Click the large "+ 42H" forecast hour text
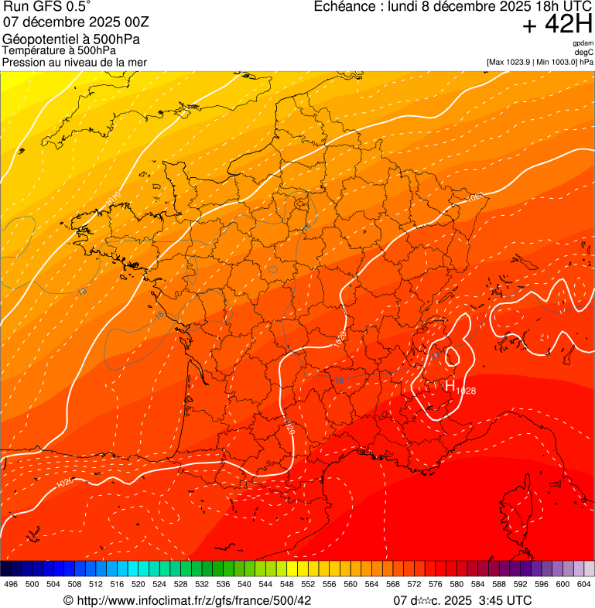coord(557,26)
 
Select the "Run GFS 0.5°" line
coord(47,8)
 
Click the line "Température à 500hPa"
coord(65,51)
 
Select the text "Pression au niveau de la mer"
coord(74,62)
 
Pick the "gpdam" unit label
coord(583,43)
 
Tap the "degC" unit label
coord(584,52)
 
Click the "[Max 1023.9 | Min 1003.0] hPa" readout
coord(539,61)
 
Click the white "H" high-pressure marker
coord(450,384)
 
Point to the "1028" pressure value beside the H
coord(466,391)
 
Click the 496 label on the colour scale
coord(11,585)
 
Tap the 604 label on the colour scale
coord(584,585)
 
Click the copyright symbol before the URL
coord(68,600)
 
